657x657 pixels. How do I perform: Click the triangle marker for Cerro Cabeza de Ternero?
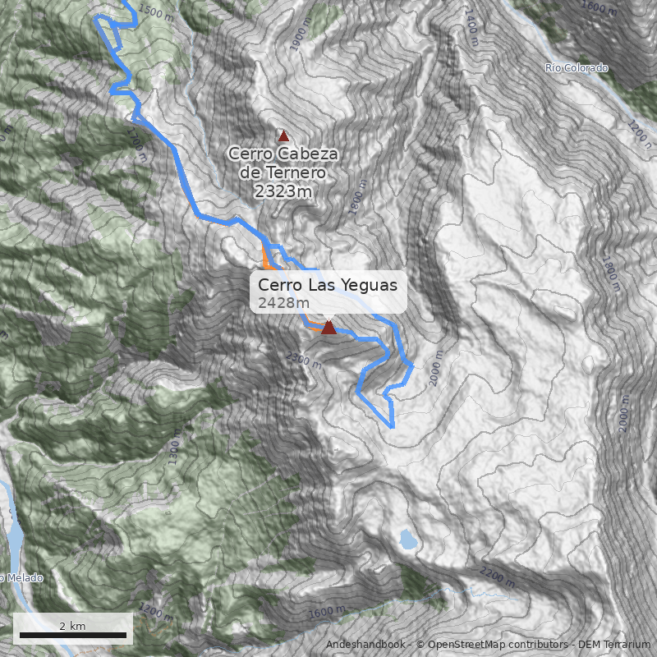pos(284,136)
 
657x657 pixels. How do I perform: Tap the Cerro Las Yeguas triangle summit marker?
pos(328,327)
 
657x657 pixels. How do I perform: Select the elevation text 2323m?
pos(283,192)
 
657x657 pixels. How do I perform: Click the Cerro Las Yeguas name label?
pos(327,285)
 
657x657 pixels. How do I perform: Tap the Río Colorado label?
pos(577,67)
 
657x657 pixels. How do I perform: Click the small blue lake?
pos(407,539)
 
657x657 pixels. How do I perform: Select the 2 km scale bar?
pos(72,634)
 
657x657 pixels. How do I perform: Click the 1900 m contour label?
pos(297,38)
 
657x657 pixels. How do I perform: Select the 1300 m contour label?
pos(173,451)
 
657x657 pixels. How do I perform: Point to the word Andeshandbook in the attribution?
pos(365,645)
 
